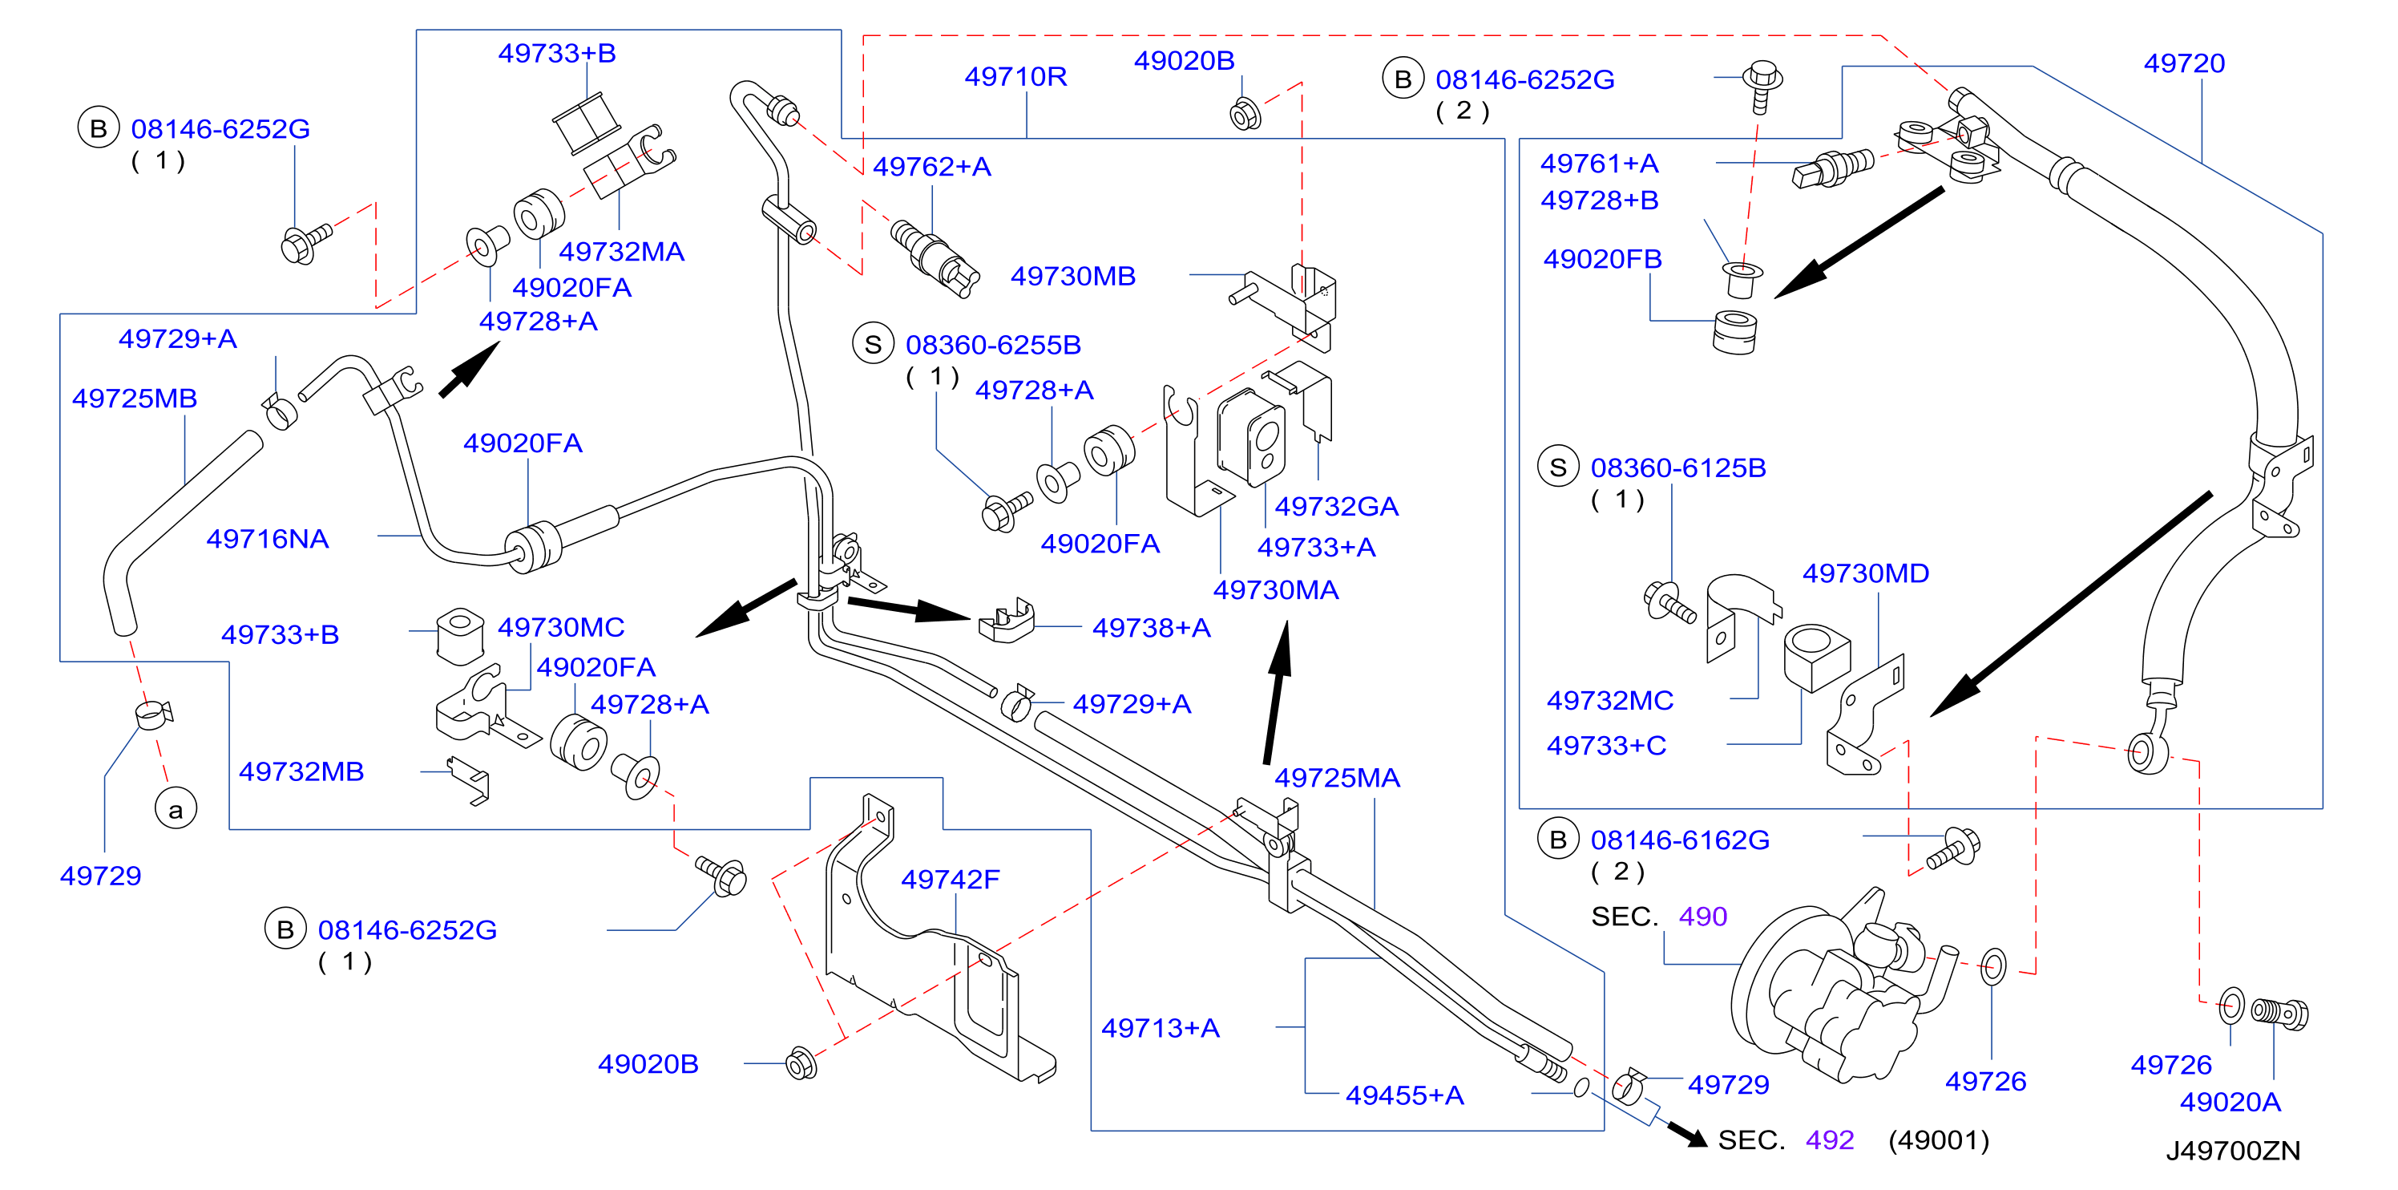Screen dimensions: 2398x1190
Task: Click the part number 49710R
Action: [1015, 76]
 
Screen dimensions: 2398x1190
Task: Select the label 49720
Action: [2184, 63]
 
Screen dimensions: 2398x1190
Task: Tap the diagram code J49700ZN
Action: [2232, 1151]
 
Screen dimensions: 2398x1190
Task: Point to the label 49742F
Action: [951, 879]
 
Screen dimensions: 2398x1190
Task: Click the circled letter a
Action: [176, 809]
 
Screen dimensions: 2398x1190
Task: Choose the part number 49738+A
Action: [1152, 628]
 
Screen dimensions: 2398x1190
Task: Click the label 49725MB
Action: [135, 399]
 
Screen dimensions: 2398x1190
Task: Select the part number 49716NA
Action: [267, 539]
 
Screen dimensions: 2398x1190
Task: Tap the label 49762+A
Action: [932, 167]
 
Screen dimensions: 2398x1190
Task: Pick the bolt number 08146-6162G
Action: [1680, 840]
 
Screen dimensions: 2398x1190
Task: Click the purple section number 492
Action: [1829, 1139]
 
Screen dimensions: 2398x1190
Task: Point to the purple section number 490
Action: [1702, 917]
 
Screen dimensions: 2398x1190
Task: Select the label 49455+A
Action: [1405, 1095]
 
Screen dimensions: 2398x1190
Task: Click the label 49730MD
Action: [1866, 573]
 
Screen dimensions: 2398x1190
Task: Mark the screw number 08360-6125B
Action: [1678, 467]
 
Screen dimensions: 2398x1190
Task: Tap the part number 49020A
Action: [2230, 1103]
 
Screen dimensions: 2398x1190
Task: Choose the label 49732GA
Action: [1337, 507]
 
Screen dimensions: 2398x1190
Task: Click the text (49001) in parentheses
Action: [1938, 1139]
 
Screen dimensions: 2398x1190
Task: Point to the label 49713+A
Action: [1160, 1028]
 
